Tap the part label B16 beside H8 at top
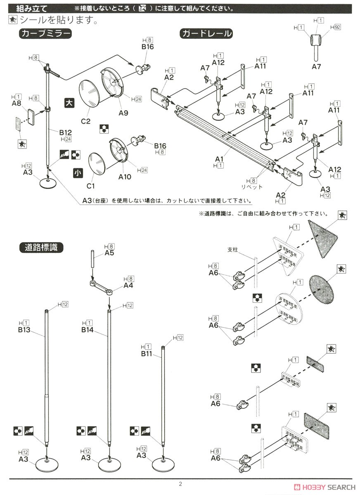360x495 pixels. (147, 47)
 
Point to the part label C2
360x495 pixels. (85, 121)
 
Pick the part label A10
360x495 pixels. (124, 177)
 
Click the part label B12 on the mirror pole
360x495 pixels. (65, 132)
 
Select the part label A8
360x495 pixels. (17, 103)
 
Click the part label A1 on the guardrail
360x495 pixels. (219, 159)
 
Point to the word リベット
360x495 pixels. (252, 187)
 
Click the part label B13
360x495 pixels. (24, 330)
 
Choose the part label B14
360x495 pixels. (88, 330)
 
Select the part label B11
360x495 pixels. (147, 354)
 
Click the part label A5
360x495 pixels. (109, 253)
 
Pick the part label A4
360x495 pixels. (128, 285)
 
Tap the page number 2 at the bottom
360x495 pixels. (180, 484)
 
